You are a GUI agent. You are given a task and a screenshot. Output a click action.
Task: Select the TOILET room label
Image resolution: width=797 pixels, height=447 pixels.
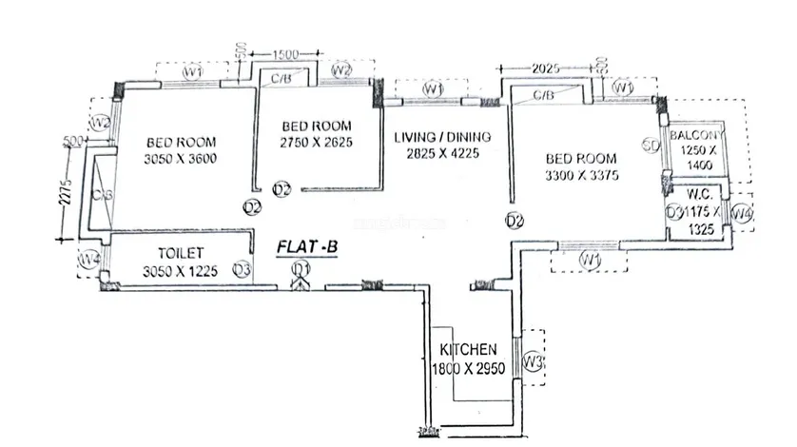179,254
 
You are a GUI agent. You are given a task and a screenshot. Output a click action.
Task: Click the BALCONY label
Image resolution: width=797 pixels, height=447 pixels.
700,137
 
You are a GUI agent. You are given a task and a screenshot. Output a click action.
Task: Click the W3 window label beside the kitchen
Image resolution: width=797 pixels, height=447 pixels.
535,361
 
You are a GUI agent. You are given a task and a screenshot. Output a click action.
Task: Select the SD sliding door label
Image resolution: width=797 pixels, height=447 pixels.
651,146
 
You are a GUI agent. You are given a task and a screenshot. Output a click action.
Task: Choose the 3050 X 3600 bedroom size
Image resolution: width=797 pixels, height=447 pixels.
183,157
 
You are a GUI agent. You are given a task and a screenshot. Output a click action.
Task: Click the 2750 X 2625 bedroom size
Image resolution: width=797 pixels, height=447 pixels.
317,142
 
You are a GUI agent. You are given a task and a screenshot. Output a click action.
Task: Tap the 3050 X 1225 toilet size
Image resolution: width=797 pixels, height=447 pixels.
179,271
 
